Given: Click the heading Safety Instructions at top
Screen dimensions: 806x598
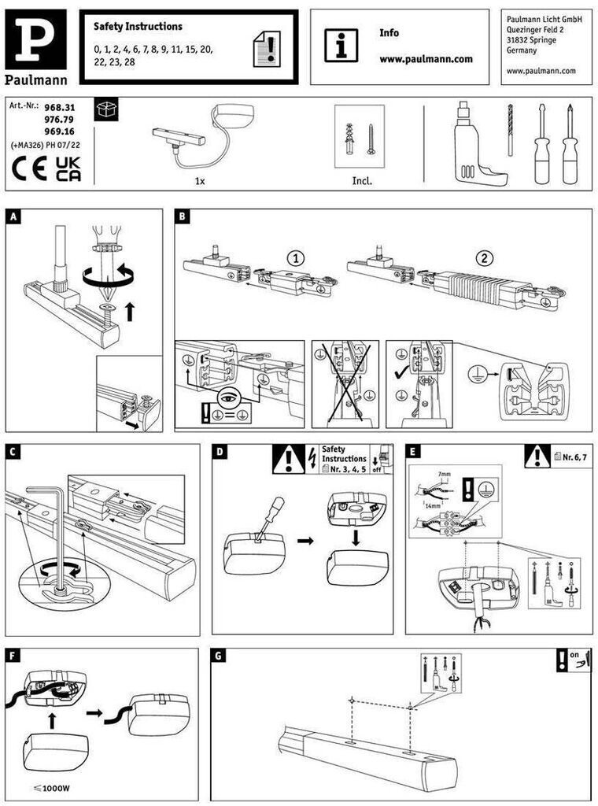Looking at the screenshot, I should coord(138,27).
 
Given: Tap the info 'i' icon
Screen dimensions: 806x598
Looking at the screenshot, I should coord(341,45).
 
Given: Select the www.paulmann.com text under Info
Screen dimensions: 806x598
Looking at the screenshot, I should coord(426,59).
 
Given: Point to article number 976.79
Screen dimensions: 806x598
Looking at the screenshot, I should coord(60,119).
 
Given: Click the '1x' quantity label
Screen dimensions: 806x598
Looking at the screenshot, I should coord(199,180).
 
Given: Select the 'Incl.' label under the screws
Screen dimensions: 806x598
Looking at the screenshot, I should coord(362,180).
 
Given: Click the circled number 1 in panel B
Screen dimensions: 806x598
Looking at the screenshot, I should coord(295,257).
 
